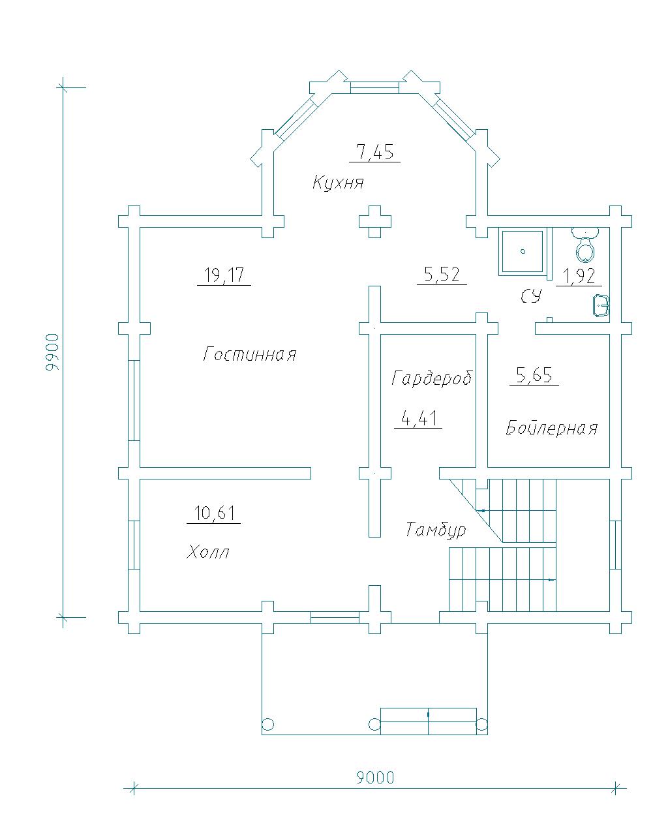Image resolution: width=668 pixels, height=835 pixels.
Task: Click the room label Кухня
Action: coord(338,183)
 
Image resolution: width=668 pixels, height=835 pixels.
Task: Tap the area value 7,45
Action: coord(375,152)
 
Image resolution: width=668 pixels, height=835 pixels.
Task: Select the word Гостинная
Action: coord(250,354)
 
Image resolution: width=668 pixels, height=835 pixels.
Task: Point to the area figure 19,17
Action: coord(224,275)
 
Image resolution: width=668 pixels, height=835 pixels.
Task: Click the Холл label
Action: coord(207,552)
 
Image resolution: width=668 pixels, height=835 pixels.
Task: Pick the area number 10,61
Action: coord(214,513)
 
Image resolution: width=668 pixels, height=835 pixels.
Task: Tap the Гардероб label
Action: coord(432,378)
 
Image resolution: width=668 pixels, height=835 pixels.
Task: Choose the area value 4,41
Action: coord(419,418)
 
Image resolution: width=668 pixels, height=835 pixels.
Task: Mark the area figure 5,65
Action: coord(534,375)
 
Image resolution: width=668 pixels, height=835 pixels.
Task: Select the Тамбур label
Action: coord(436,529)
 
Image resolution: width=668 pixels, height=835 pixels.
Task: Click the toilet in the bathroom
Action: coord(585,245)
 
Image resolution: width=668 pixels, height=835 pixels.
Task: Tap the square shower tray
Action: coord(523,251)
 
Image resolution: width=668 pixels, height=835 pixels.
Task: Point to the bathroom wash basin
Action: coord(601,306)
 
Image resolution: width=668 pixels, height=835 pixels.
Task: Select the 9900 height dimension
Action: coord(52,352)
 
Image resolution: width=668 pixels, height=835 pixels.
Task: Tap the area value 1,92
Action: coord(579,276)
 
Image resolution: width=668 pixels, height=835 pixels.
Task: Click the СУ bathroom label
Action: coord(530,296)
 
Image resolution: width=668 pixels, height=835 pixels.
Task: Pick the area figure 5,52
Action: coord(442,275)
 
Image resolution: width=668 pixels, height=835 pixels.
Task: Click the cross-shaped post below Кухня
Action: coord(374,222)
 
